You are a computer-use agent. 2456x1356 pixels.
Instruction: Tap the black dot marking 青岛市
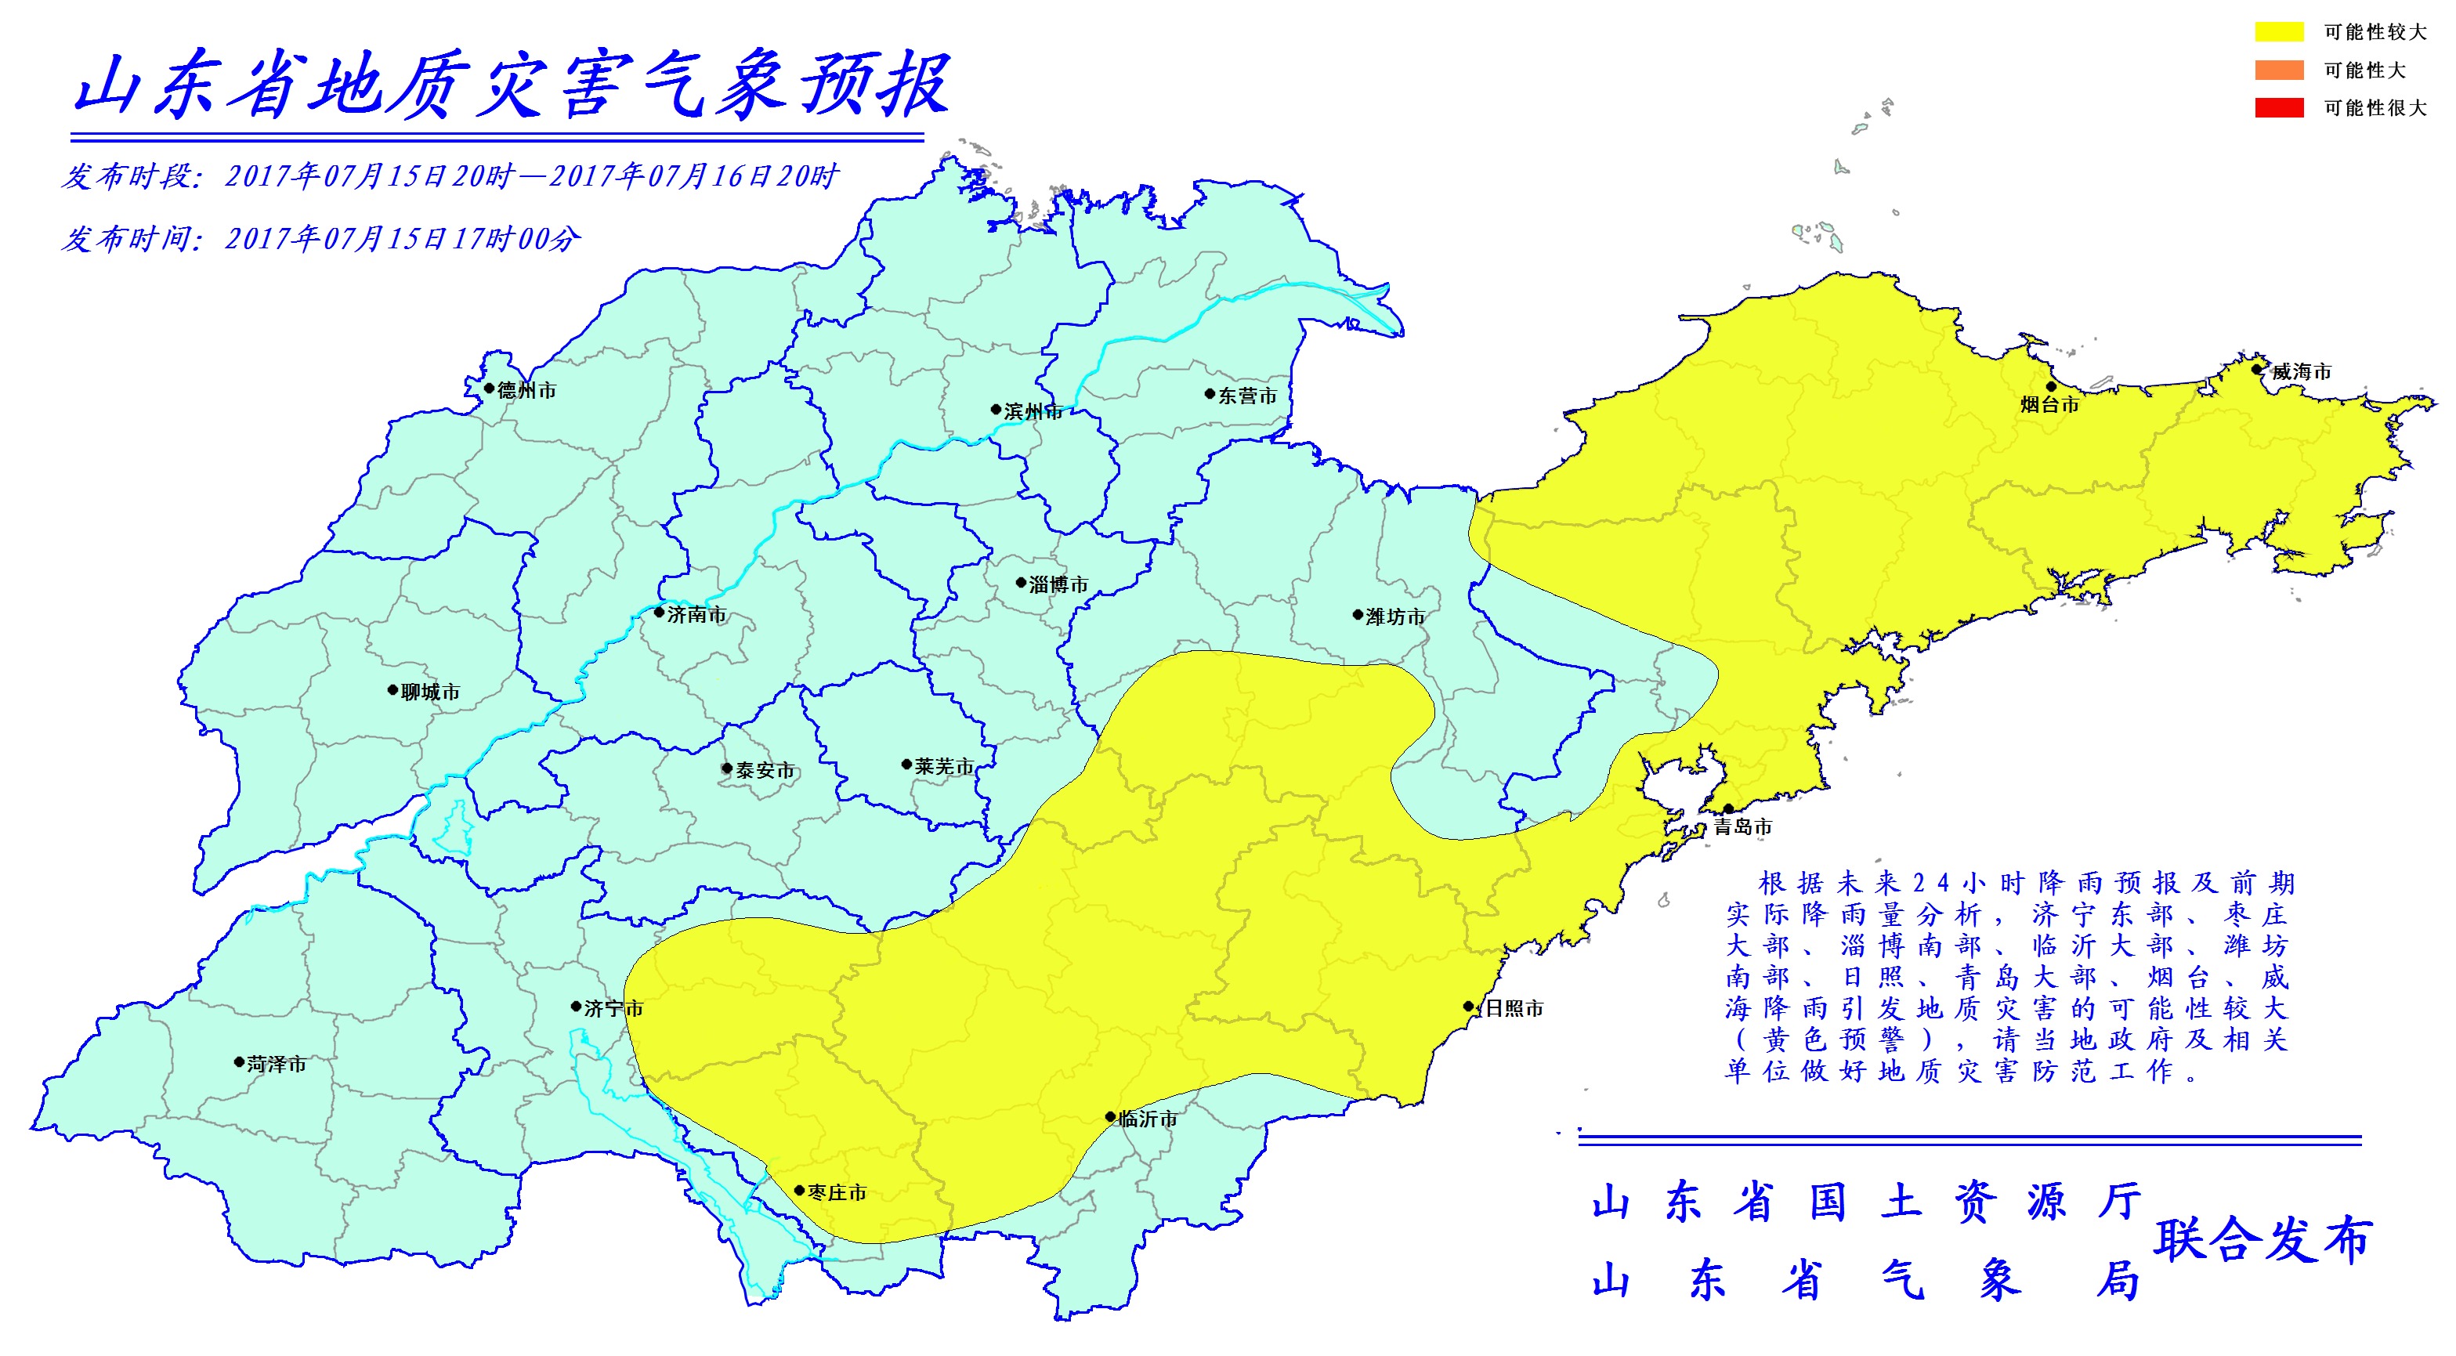click(x=1728, y=809)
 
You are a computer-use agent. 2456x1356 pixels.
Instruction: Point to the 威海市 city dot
click(x=2257, y=369)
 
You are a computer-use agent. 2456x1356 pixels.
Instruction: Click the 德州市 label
click(x=526, y=390)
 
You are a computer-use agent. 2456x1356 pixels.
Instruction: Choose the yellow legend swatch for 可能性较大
click(x=2279, y=31)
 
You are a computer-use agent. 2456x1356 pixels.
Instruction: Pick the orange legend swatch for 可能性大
click(x=2279, y=70)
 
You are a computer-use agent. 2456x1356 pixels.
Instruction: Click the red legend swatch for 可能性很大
click(x=2279, y=108)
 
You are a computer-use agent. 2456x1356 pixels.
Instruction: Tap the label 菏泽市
click(x=277, y=1065)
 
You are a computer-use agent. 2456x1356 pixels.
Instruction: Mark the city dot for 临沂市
click(x=1111, y=1116)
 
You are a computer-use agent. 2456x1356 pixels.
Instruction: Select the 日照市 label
click(x=1514, y=1008)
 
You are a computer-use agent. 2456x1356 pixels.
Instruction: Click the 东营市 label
click(x=1247, y=396)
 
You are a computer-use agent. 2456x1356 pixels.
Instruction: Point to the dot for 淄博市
click(x=1021, y=583)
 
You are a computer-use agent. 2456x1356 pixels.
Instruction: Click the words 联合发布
click(x=2262, y=1239)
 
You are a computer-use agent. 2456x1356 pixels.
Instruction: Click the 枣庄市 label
click(x=837, y=1193)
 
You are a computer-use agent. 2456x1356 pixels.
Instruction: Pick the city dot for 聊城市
click(x=392, y=689)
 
